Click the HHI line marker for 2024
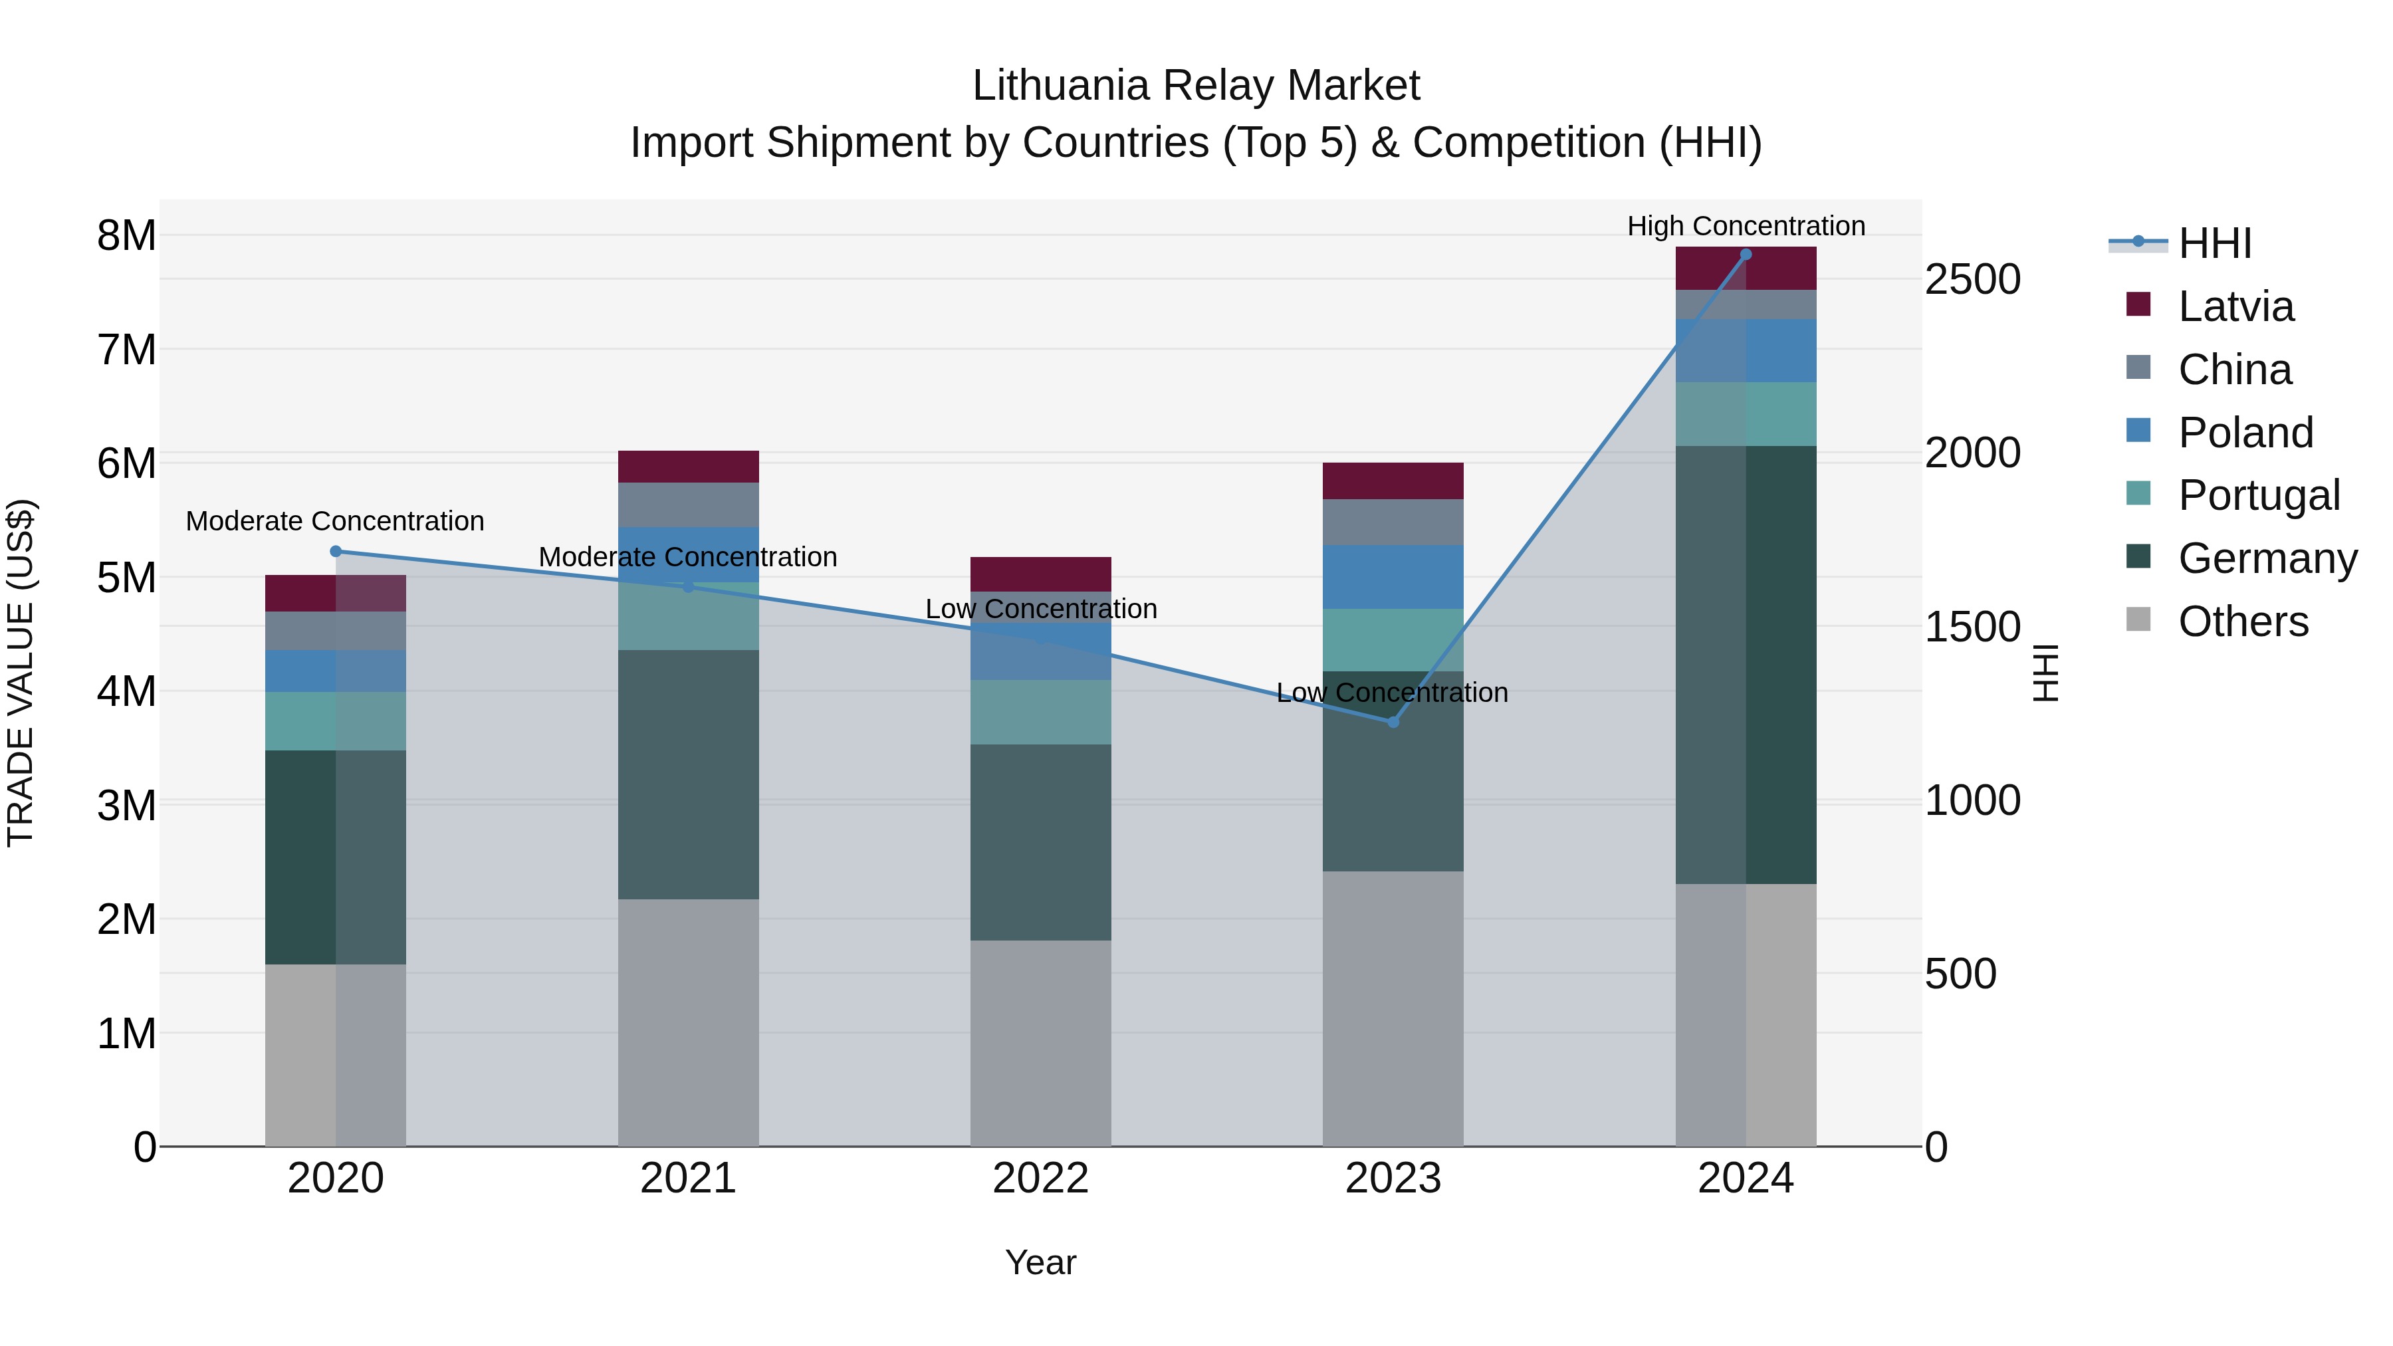[1746, 255]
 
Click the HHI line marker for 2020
[336, 552]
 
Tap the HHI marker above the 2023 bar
[1393, 722]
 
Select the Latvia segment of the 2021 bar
[689, 467]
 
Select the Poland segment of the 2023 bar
[1393, 577]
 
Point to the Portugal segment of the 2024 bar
[1746, 414]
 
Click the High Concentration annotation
[1746, 226]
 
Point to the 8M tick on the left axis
[126, 236]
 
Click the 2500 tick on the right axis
[1972, 280]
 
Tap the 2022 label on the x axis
[1040, 1178]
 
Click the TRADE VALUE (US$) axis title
[21, 673]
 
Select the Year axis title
[1040, 1262]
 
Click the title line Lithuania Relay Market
[1196, 86]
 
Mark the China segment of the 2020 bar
[336, 631]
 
